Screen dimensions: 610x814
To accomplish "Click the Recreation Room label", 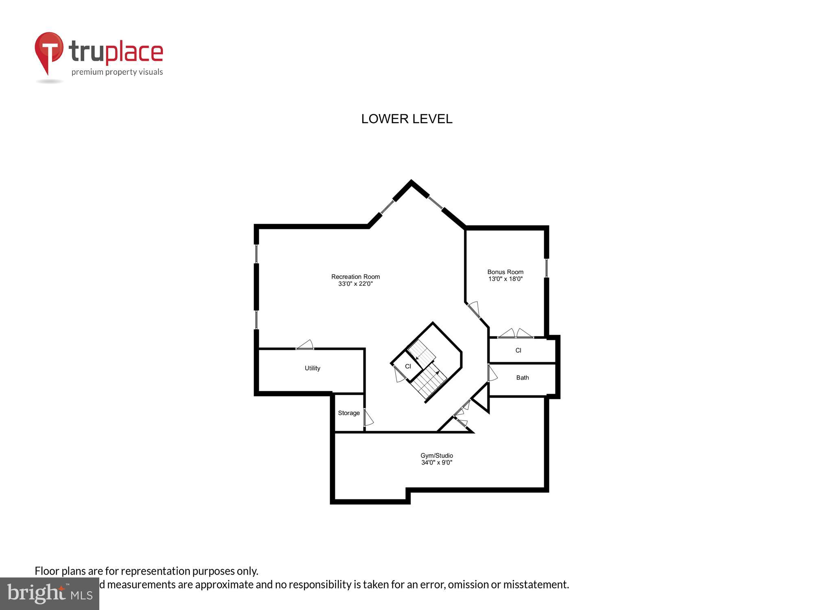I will click(x=355, y=277).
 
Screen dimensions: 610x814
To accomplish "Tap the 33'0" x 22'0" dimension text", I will click(x=355, y=284).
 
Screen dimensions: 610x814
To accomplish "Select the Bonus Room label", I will click(x=505, y=272).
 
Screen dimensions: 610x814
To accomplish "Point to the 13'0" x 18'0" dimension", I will click(x=505, y=279).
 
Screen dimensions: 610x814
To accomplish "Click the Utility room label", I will click(x=312, y=368).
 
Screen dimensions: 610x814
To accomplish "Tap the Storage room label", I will click(x=349, y=413).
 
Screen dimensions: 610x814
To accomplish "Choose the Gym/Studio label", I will click(x=436, y=455).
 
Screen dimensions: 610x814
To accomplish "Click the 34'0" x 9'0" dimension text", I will click(x=436, y=463).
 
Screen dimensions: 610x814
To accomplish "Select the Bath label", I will click(x=522, y=377).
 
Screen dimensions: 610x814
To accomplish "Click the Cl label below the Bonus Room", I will click(x=518, y=350).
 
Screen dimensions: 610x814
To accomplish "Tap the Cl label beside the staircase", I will click(x=408, y=366).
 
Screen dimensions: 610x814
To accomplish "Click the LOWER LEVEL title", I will click(x=407, y=119).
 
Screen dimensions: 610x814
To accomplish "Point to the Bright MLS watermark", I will click(x=49, y=594).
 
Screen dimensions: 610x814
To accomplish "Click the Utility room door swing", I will click(x=305, y=345).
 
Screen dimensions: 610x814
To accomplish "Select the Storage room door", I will click(x=368, y=418).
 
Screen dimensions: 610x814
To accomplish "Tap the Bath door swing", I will click(x=492, y=373).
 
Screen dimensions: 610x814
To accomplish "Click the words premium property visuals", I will click(x=117, y=72).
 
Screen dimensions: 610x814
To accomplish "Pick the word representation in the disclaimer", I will click(x=155, y=571).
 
